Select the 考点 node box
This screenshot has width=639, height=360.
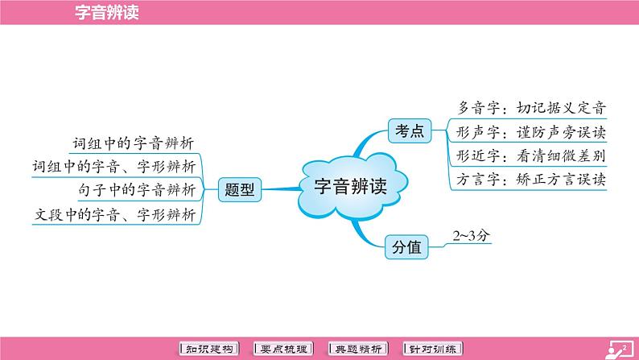pos(407,130)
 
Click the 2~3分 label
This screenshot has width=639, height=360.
pos(471,235)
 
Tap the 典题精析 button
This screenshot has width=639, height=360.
pos(361,349)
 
